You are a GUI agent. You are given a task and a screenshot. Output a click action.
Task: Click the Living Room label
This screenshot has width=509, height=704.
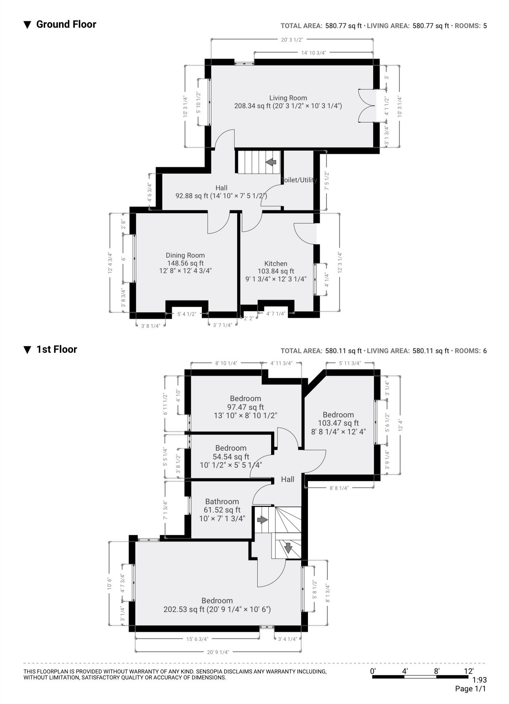[x=288, y=98]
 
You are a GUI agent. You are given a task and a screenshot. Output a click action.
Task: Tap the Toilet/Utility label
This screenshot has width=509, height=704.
[x=299, y=180]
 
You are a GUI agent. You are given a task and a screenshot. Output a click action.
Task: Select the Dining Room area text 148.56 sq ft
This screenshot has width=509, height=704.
[x=185, y=263]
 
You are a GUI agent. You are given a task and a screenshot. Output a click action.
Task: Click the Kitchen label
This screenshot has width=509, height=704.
[x=276, y=264]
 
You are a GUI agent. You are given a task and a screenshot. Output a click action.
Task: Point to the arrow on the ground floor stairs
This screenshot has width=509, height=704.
[x=271, y=162]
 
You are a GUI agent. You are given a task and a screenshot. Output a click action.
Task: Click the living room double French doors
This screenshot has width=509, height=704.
[x=367, y=105]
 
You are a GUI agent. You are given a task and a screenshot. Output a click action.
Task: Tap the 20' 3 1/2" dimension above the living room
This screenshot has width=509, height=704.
[x=292, y=40]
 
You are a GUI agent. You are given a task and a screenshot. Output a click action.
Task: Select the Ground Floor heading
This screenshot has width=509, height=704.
[x=66, y=24]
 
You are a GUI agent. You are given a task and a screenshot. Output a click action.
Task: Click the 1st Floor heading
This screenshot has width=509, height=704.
[x=56, y=349]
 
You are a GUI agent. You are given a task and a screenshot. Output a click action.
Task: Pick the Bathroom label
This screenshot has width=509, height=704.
[x=222, y=501]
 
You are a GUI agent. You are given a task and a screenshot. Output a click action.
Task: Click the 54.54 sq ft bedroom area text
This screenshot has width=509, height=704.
[x=231, y=457]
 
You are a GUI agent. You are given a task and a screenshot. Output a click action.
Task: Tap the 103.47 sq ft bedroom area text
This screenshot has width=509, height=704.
[x=338, y=423]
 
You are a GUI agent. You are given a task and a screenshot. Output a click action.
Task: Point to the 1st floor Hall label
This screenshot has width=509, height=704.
[x=288, y=479]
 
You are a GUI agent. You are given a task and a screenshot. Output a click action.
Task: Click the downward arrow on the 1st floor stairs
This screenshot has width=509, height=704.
[x=288, y=548]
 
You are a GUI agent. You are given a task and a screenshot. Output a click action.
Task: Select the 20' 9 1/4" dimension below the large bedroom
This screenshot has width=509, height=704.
[x=217, y=652]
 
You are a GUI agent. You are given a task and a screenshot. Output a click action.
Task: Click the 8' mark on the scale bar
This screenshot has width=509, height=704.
[x=437, y=671]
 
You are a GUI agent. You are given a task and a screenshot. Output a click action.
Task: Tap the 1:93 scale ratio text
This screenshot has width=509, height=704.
[x=479, y=680]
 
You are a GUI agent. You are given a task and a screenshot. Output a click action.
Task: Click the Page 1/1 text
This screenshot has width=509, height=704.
[x=470, y=689]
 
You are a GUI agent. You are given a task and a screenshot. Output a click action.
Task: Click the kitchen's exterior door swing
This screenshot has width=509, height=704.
[x=305, y=233]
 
